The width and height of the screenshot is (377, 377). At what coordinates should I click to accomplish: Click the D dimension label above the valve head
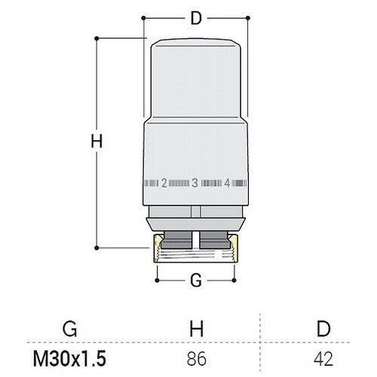pyautogui.click(x=196, y=18)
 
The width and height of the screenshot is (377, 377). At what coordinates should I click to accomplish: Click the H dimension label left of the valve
pyautogui.click(x=97, y=141)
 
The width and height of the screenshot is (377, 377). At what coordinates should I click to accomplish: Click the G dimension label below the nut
pyautogui.click(x=196, y=280)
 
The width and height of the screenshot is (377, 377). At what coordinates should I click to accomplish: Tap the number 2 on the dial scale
pyautogui.click(x=164, y=183)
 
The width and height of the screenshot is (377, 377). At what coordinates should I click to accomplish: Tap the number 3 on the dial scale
pyautogui.click(x=195, y=183)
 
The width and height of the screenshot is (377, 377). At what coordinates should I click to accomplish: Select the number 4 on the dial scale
pyautogui.click(x=227, y=183)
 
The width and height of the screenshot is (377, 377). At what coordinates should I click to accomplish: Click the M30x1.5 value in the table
pyautogui.click(x=69, y=359)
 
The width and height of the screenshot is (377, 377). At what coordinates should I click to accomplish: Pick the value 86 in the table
pyautogui.click(x=197, y=359)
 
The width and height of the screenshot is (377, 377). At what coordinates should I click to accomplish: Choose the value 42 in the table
pyautogui.click(x=323, y=359)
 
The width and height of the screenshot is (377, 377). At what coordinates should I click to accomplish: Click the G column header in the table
pyautogui.click(x=70, y=329)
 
